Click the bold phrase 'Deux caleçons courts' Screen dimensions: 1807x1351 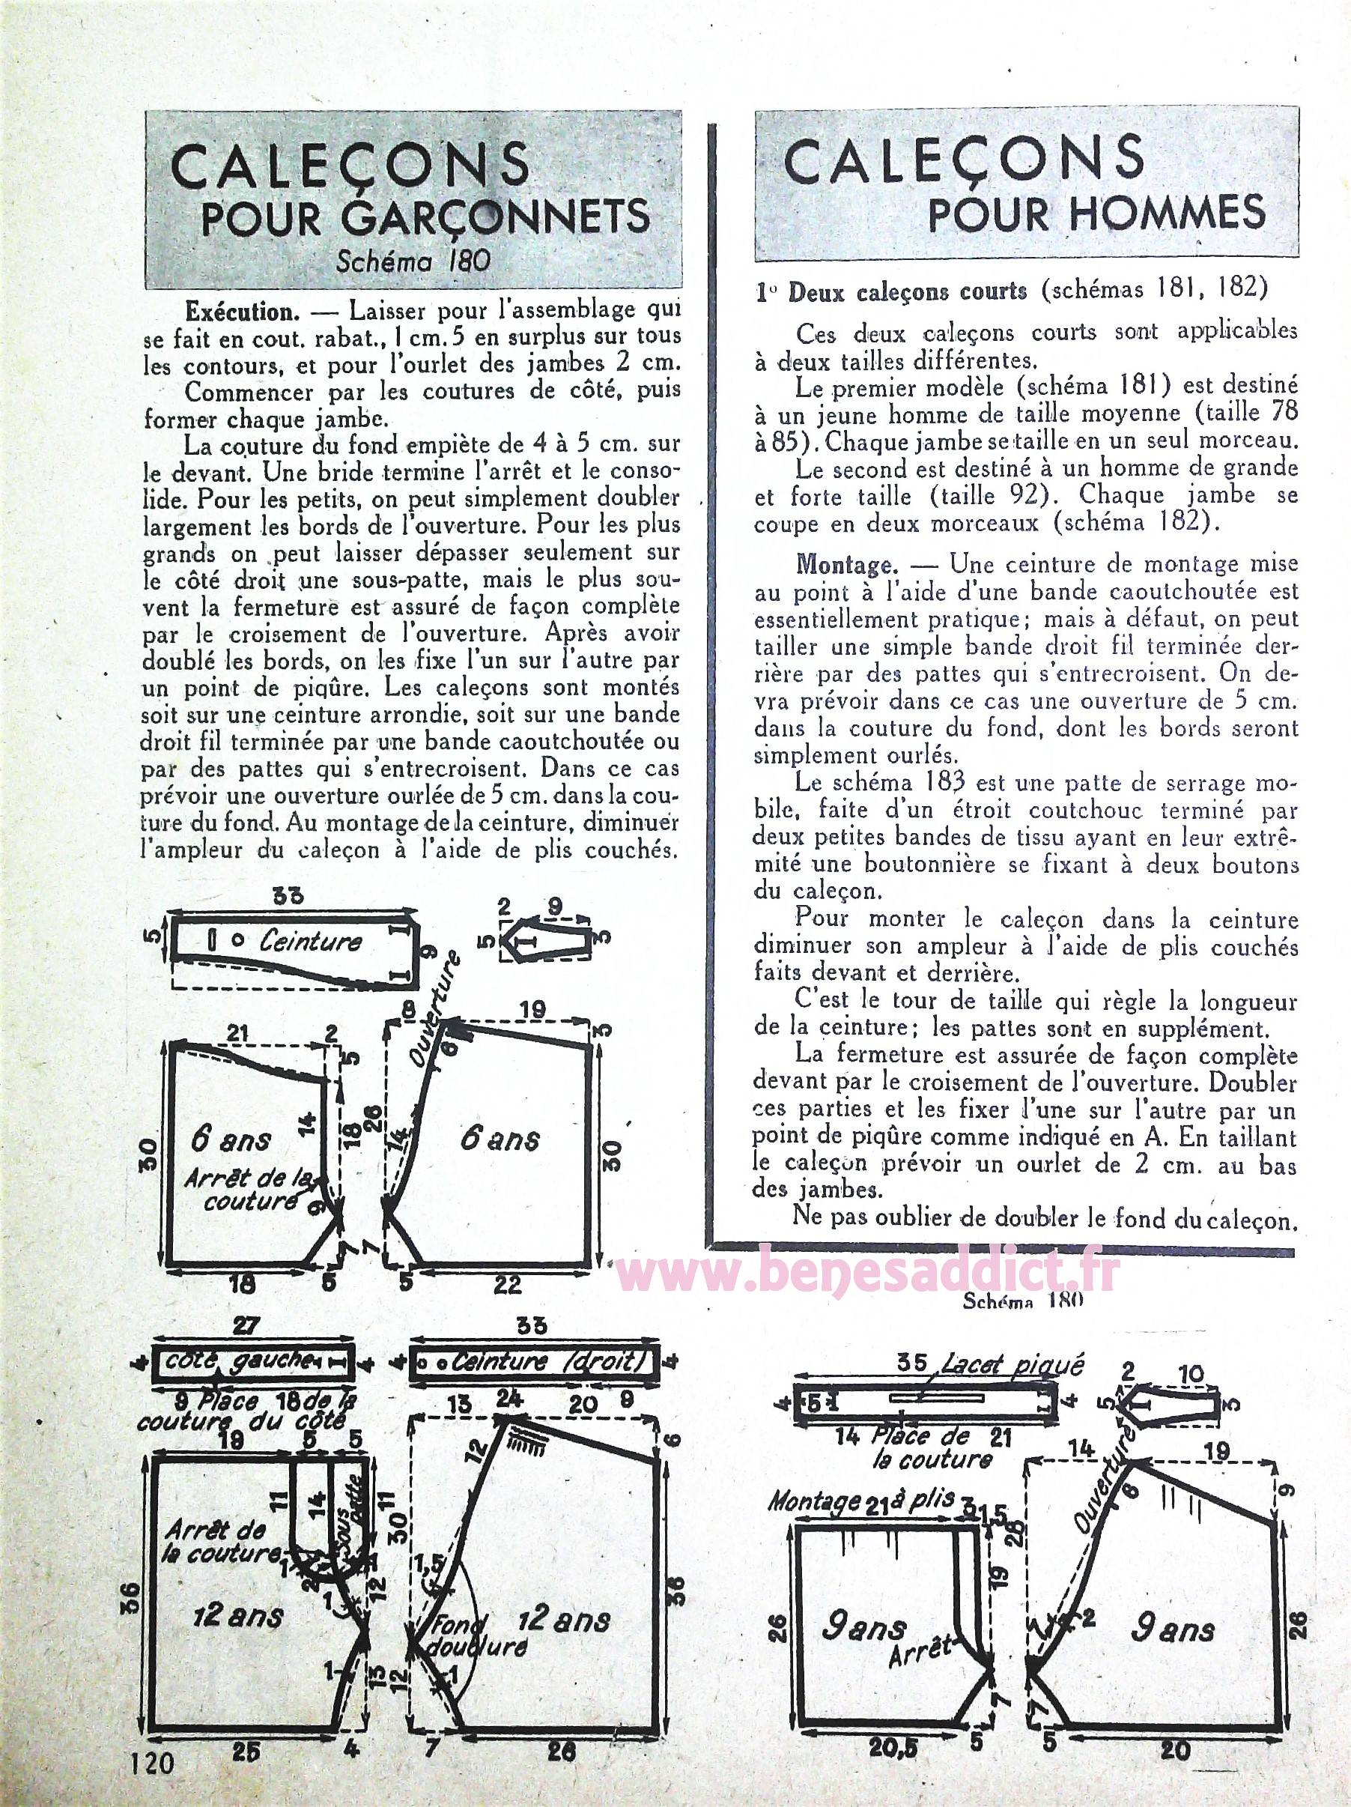tap(907, 291)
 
